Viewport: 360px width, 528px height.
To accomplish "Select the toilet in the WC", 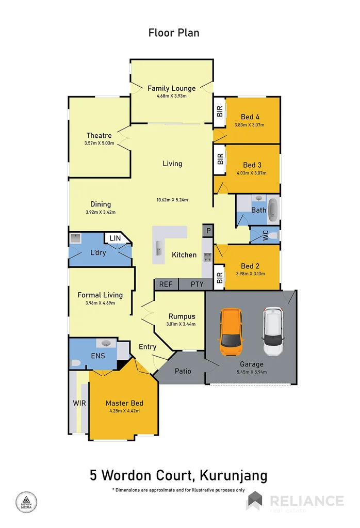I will click(273, 235).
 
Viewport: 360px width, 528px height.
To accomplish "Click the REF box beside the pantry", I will click(166, 284).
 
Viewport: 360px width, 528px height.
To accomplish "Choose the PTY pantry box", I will click(197, 284).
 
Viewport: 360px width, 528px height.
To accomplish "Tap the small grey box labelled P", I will click(207, 231).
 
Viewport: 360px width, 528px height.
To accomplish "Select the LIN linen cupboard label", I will click(114, 238).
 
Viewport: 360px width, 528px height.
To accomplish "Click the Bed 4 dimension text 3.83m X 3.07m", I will click(250, 125).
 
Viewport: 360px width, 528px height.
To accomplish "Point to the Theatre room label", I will click(99, 136).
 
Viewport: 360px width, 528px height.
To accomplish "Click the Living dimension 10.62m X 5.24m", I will click(172, 200).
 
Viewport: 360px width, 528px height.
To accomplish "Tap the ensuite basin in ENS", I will click(106, 343).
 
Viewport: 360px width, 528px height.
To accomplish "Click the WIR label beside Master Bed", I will click(79, 403).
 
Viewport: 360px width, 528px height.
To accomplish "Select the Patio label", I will click(183, 371).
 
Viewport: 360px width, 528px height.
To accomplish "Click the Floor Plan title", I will click(173, 33).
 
